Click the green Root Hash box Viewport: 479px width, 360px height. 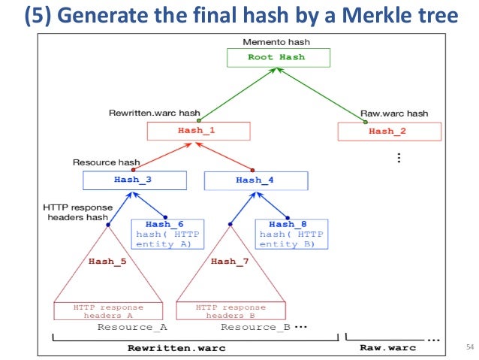click(x=276, y=57)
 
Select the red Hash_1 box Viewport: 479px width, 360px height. click(x=196, y=131)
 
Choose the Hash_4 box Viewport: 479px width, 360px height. click(x=255, y=180)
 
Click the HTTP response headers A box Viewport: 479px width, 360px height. click(x=108, y=311)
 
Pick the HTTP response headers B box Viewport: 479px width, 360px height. click(x=230, y=311)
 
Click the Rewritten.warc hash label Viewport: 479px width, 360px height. click(x=153, y=113)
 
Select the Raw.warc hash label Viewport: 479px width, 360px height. click(x=394, y=113)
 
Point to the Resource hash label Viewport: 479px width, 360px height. click(x=106, y=162)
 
